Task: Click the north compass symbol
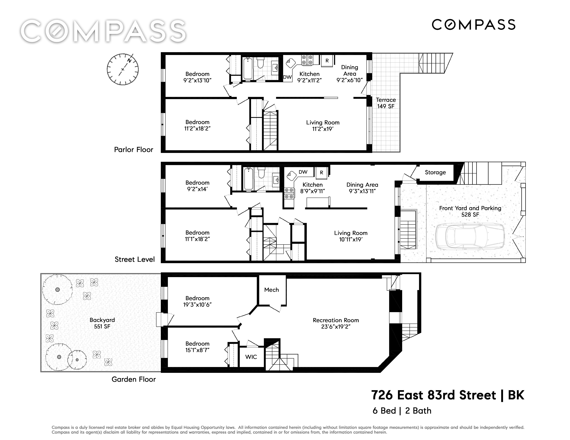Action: [123, 69]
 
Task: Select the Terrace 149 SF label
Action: [386, 103]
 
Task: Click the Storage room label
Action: [435, 172]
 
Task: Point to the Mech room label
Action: [271, 290]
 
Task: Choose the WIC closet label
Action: [251, 357]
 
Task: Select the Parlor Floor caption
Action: [134, 150]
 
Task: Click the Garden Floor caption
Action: [134, 379]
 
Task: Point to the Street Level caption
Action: [135, 259]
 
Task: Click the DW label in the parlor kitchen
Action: [287, 77]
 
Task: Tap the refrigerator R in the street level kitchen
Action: [322, 173]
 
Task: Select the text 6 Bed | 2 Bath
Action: [402, 411]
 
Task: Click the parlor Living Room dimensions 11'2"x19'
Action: [323, 129]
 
